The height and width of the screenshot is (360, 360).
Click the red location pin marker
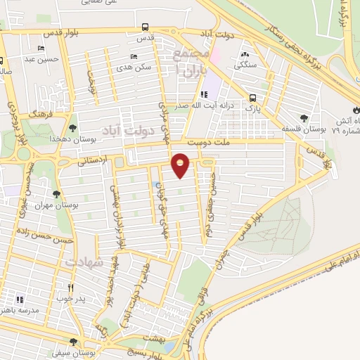coord(181,165)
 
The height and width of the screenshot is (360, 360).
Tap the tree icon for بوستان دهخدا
coord(73,127)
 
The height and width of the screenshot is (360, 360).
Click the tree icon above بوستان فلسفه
coord(304,118)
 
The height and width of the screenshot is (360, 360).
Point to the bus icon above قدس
coord(144,29)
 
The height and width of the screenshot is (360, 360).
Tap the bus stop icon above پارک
coord(252,98)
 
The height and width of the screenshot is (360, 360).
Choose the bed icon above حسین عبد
coord(43,49)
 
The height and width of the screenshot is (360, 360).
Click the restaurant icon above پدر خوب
coord(70,288)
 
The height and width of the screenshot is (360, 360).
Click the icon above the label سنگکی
coord(245,53)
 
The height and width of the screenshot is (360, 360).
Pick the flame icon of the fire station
coord(354,110)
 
